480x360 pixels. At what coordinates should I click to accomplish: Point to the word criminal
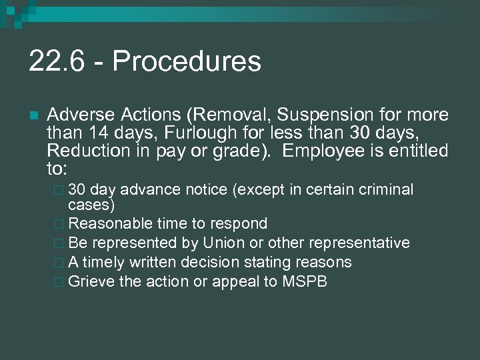(386, 190)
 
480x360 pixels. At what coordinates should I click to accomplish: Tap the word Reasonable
(111, 223)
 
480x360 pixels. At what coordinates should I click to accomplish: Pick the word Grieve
(91, 281)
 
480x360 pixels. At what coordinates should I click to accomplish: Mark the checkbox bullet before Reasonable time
(61, 224)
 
